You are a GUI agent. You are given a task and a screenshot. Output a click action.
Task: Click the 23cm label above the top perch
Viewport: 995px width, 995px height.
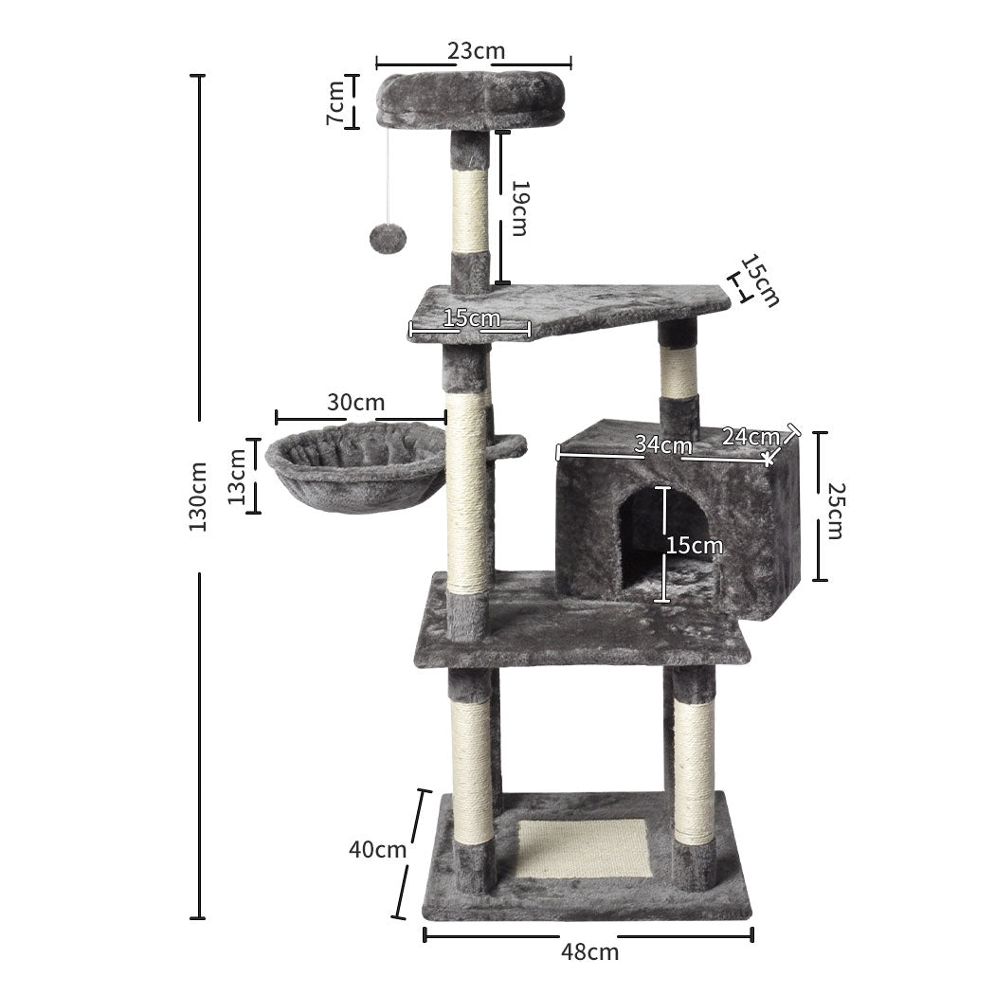476,50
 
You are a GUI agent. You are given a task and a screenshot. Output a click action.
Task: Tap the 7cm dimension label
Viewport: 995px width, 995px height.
335,102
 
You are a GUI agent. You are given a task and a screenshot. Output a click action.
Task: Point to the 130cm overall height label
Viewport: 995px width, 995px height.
197,497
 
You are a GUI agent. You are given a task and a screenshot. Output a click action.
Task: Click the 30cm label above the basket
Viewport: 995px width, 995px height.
350,402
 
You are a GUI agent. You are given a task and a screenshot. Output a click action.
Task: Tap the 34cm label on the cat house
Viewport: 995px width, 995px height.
663,444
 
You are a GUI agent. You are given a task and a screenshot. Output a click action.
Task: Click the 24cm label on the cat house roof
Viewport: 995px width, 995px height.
750,436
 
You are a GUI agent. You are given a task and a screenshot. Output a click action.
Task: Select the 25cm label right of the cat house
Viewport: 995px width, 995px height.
833,510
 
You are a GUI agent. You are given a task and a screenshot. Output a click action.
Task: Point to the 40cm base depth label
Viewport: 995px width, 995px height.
377,849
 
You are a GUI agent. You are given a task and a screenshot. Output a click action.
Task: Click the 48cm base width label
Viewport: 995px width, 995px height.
588,952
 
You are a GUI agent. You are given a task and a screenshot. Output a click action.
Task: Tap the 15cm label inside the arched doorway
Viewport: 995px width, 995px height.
695,545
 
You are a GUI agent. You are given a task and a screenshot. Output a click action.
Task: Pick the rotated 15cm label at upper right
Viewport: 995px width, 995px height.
760,280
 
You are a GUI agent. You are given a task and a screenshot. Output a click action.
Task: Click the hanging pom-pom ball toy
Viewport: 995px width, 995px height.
385,238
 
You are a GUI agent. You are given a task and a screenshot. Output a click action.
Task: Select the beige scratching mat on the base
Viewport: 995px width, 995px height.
584,847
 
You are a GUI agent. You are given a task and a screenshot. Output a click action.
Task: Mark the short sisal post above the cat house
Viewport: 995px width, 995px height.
678,371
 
